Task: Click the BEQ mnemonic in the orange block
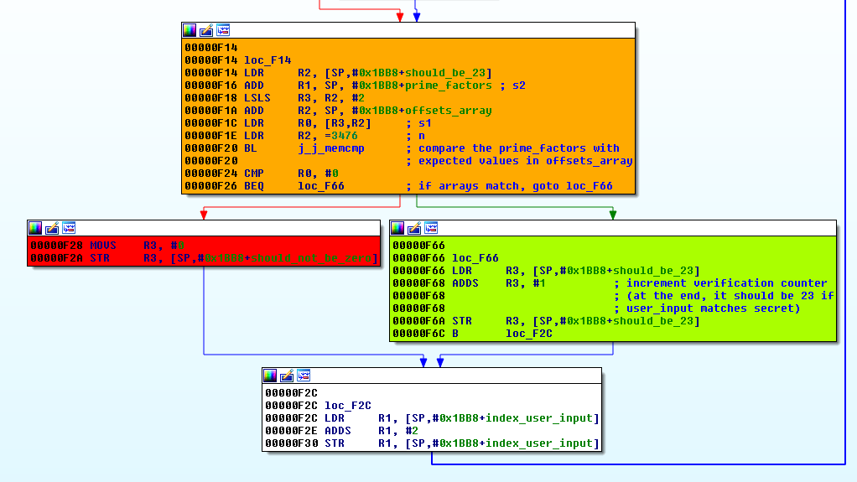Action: pos(254,186)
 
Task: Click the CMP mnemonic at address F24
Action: pos(254,174)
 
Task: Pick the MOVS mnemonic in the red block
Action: pos(103,246)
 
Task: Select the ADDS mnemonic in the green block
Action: pos(465,283)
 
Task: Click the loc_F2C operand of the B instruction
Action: pos(528,334)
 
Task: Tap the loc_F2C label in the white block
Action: pos(348,406)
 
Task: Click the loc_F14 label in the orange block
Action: pos(267,60)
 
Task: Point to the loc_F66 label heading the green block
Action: pos(475,258)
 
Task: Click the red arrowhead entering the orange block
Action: pos(400,16)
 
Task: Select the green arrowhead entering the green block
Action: pos(613,215)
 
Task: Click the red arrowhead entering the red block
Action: pos(204,215)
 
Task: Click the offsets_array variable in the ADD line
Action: pos(448,111)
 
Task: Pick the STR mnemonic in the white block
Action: pos(335,443)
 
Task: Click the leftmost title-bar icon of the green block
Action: pos(397,228)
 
